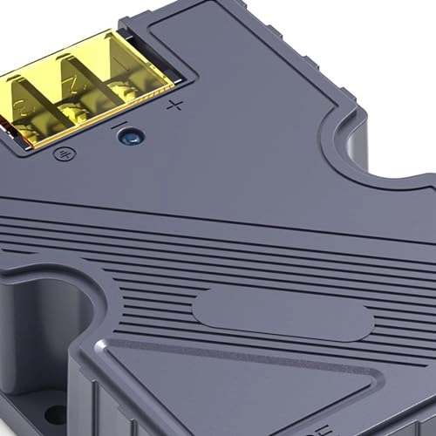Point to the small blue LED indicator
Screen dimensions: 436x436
pyautogui.click(x=133, y=136)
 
